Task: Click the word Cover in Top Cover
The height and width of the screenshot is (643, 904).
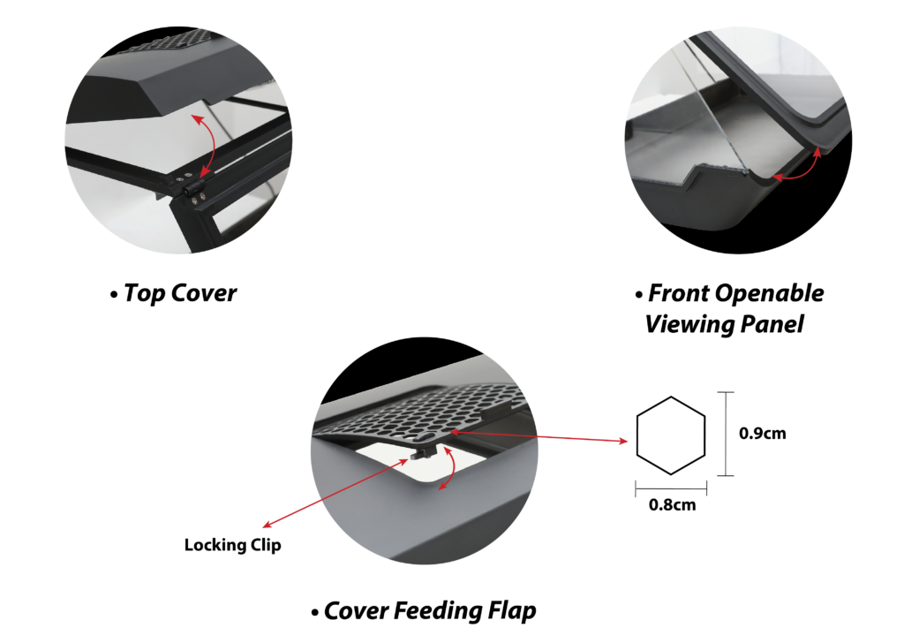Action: point(205,293)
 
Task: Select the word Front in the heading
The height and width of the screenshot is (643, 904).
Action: point(679,293)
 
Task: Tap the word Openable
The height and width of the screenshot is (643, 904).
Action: point(770,294)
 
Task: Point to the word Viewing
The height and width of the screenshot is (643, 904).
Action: point(689,325)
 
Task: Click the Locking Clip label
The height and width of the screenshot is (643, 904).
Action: point(233,546)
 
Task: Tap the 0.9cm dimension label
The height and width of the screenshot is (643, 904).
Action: point(762,433)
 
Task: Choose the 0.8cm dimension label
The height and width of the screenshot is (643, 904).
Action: point(672,505)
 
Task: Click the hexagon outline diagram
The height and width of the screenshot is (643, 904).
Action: point(671,436)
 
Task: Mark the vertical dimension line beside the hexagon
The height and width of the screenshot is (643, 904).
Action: point(726,434)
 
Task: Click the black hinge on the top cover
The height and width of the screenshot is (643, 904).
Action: point(193,186)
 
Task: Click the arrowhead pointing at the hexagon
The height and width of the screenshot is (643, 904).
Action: point(624,441)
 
